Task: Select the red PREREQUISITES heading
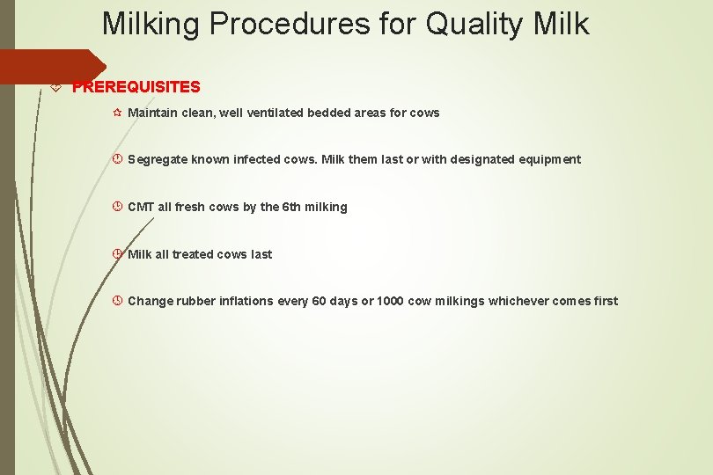[136, 87]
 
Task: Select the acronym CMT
[141, 208]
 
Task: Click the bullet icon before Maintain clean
[118, 113]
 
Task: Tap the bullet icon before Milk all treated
[118, 254]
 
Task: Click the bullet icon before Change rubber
[118, 301]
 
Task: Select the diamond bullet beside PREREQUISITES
[57, 87]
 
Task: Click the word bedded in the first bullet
[328, 113]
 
